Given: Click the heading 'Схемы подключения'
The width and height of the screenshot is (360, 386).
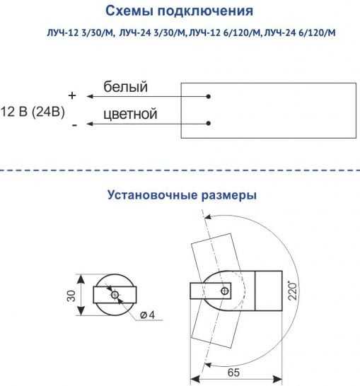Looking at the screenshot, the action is (x=179, y=11).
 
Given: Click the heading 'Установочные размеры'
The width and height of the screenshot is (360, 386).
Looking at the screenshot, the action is (x=182, y=195).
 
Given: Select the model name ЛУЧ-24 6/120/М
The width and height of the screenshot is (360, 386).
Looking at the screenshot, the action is (x=300, y=33).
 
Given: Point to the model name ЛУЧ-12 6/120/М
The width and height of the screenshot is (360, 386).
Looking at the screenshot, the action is (x=224, y=33).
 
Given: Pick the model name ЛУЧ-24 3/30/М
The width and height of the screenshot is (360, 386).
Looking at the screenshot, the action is (x=152, y=33).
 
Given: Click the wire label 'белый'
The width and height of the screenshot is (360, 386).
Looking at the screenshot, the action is (x=125, y=87).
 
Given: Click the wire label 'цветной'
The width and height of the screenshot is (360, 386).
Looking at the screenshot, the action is (x=130, y=114).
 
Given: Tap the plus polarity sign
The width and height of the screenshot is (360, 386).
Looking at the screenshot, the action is (x=72, y=95).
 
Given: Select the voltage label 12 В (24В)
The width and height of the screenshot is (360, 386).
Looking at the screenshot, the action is (x=33, y=112).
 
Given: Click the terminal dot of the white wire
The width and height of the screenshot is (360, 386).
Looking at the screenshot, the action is (x=209, y=96).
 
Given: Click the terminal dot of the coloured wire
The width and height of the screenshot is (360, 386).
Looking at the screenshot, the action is (x=209, y=123).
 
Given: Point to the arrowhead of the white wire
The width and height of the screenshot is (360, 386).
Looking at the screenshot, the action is (x=89, y=96).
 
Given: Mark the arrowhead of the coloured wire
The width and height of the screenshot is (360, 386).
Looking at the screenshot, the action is (x=89, y=124).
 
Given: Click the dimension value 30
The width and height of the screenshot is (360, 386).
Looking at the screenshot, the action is (x=71, y=296).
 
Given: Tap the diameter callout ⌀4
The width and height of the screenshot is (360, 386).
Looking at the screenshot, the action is (x=147, y=315).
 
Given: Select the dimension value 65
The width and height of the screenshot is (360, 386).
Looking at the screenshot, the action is (x=233, y=373).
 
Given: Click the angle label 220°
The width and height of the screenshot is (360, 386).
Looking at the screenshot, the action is (x=293, y=291).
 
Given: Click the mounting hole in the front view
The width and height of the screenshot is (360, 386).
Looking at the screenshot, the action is (x=115, y=295).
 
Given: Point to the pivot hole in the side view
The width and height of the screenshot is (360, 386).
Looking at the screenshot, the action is (x=225, y=291).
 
